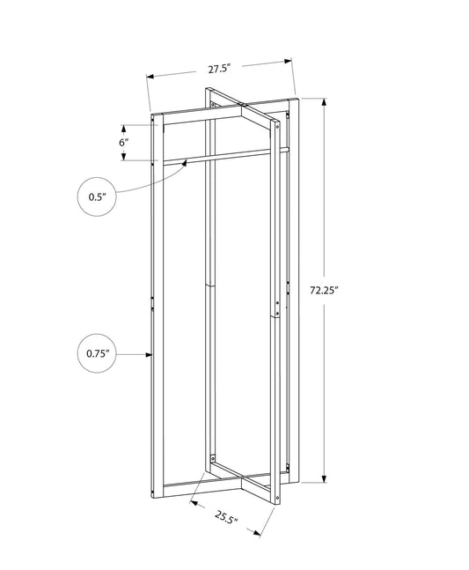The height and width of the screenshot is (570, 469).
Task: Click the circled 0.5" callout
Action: [x=97, y=197]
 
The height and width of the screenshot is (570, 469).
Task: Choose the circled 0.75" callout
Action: [x=97, y=354]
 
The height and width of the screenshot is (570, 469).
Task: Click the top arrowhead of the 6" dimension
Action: [x=123, y=124]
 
